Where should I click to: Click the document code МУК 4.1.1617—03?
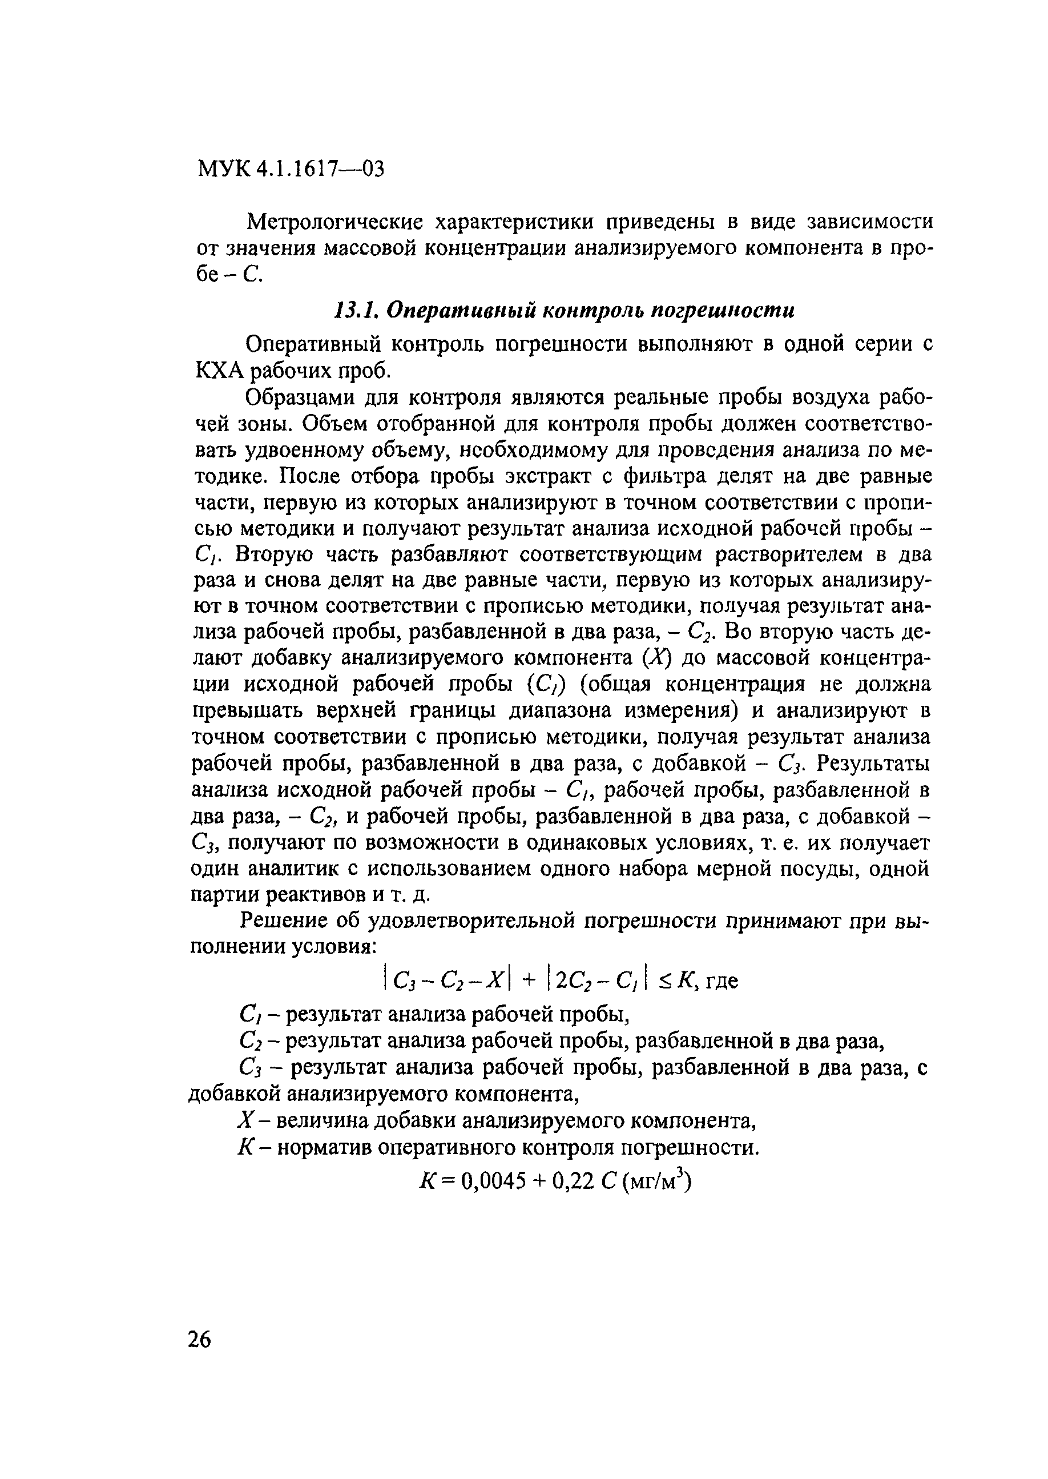(290, 169)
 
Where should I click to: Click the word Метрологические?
(335, 223)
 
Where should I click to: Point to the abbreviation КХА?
(217, 371)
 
